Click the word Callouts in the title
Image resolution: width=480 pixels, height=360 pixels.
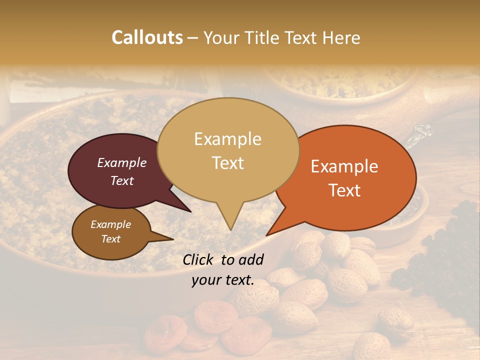[147, 37]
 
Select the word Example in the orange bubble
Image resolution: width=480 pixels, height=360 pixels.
[344, 166]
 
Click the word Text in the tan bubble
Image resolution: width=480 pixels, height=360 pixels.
[228, 163]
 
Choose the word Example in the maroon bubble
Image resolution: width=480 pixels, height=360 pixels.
[122, 162]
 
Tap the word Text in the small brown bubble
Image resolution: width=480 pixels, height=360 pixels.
[111, 239]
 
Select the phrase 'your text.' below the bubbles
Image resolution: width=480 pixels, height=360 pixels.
[223, 280]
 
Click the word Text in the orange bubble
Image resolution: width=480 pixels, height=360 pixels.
[345, 190]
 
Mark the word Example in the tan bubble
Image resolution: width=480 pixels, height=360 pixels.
[228, 139]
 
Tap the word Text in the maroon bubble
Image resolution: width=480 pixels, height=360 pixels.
[122, 180]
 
